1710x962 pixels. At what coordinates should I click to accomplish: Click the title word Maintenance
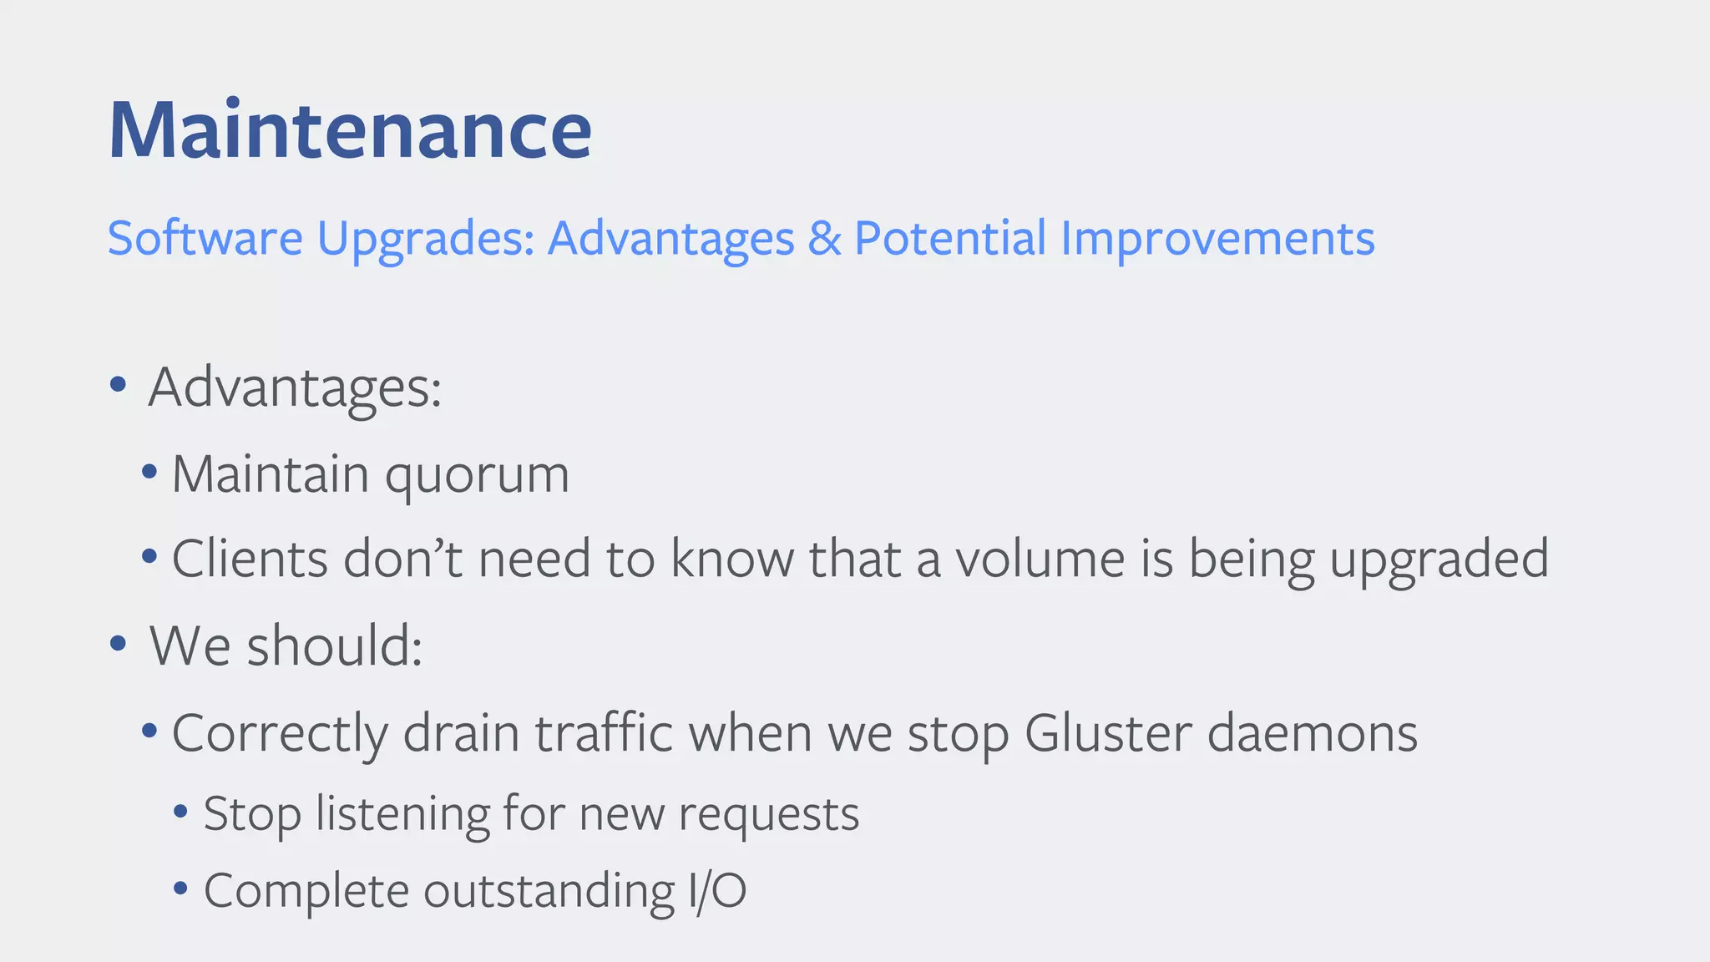click(x=350, y=130)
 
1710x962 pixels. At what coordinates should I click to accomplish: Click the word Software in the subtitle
click(x=205, y=238)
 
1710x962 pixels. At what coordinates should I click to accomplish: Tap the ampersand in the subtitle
click(x=824, y=238)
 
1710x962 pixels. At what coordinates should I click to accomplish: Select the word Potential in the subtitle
click(x=950, y=238)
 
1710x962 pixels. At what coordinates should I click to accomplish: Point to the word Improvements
click(x=1217, y=240)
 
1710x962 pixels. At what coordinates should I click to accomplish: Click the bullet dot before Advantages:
click(x=118, y=385)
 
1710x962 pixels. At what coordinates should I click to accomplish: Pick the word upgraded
click(x=1439, y=559)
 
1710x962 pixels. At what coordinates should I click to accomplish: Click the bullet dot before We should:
click(x=118, y=644)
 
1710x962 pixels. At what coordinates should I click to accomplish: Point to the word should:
click(x=335, y=646)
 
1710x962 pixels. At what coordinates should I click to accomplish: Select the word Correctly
click(x=280, y=735)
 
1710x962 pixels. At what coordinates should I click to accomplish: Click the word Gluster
click(x=1108, y=733)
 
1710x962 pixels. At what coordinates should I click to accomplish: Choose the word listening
click(x=402, y=815)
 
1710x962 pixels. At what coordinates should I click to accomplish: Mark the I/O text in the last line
click(x=717, y=890)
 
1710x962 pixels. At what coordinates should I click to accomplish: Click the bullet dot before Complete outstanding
click(x=180, y=888)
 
